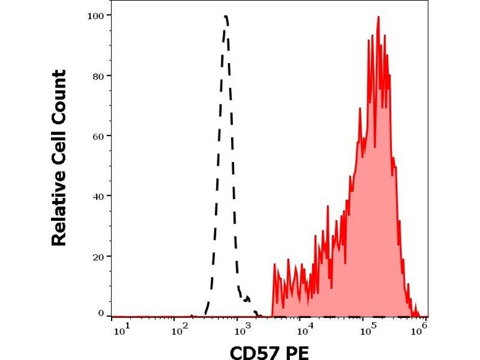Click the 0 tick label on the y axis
click(101, 313)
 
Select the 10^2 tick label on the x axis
click(181, 329)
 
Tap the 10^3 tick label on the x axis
click(244, 329)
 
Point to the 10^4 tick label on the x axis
click(307, 329)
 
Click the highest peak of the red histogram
click(379, 17)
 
